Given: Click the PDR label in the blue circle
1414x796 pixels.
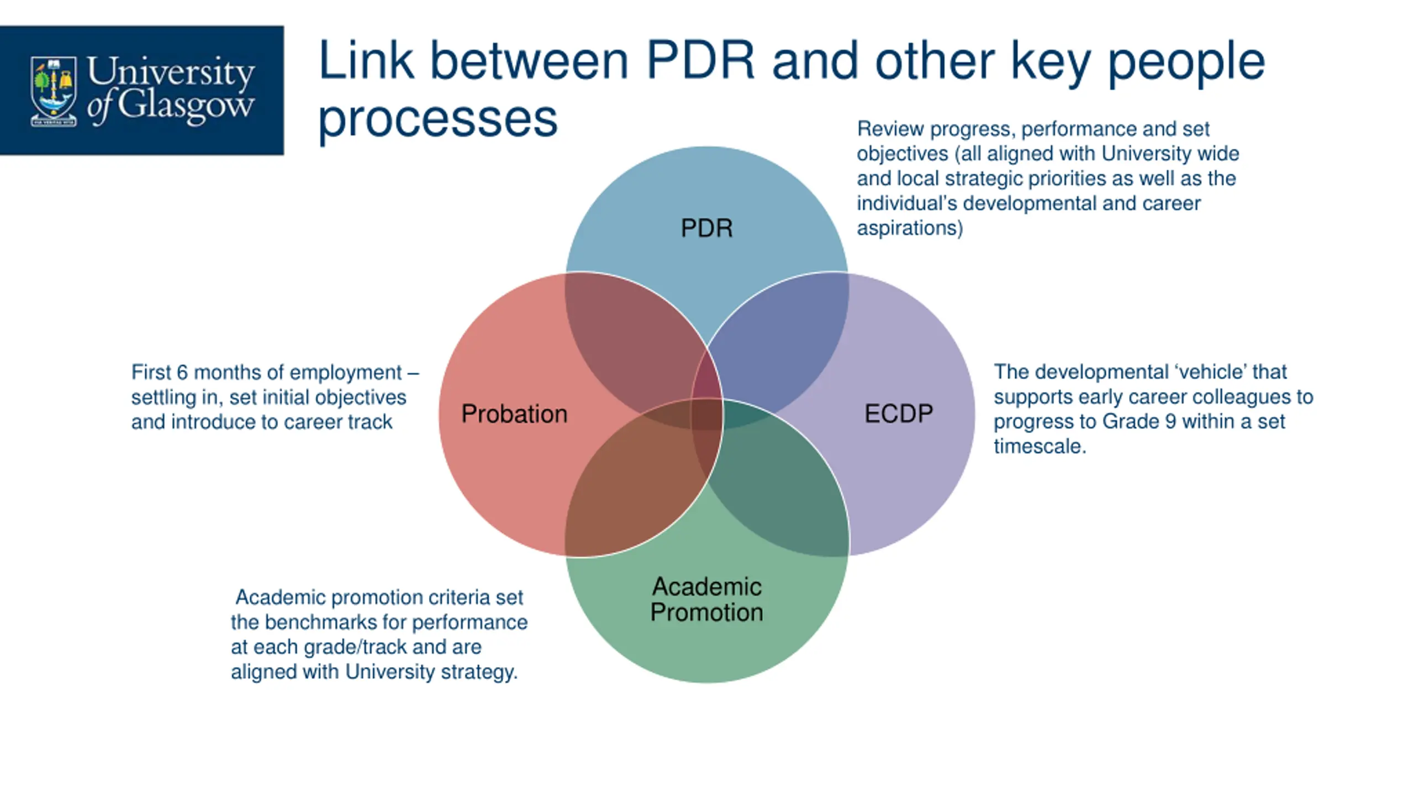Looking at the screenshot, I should (706, 228).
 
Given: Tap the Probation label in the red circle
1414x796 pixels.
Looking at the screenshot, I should (514, 414).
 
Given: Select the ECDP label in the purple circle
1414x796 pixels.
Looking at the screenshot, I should (899, 413).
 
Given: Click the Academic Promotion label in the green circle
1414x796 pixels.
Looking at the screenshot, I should (706, 599).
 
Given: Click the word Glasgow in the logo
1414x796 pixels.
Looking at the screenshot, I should (186, 105).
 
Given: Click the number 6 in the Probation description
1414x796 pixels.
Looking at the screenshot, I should (182, 373).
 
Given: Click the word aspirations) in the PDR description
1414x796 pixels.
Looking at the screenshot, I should (910, 228).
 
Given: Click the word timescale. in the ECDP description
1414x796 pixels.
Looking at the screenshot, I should (1040, 447).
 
